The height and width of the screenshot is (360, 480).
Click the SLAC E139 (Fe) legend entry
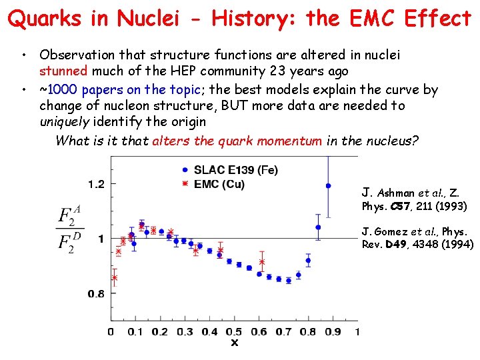coord(230,170)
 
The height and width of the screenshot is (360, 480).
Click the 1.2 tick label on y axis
coord(96,183)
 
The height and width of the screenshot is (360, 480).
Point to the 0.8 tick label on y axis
coord(96,293)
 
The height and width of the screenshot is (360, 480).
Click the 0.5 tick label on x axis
coord(233,331)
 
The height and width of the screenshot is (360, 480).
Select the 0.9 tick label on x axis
coord(332,331)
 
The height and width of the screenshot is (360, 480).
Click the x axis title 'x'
coord(234,343)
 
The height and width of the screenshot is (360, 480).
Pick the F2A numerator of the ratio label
coord(69,214)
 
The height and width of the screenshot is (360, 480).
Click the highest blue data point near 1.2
coord(327,185)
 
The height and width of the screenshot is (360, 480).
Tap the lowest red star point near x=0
coord(114,278)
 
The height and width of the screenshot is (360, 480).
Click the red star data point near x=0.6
coord(262,262)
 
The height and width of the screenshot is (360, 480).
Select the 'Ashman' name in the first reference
coord(395,193)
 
